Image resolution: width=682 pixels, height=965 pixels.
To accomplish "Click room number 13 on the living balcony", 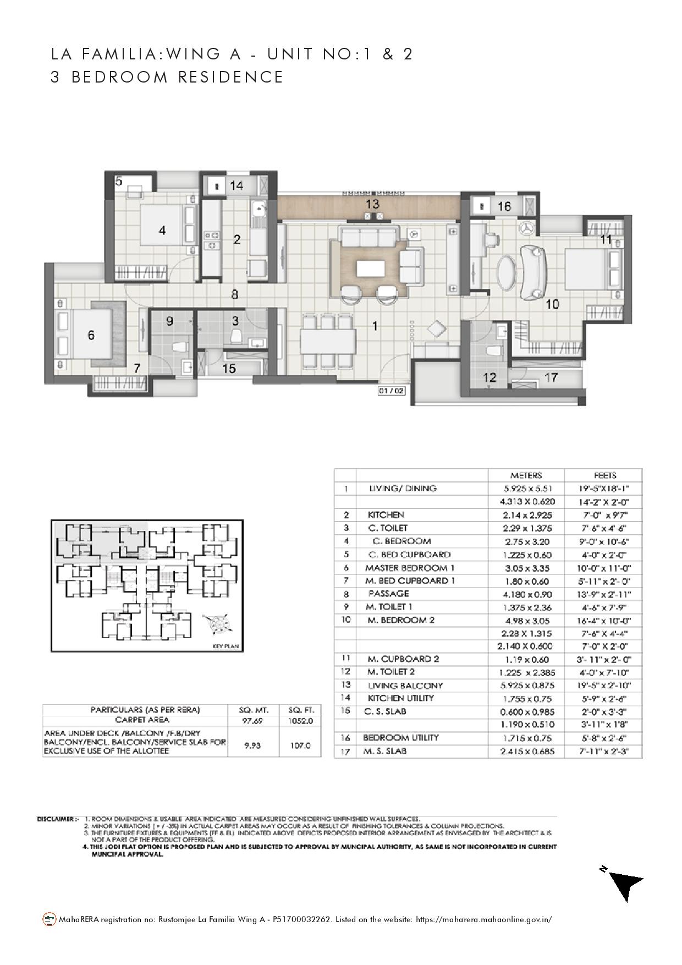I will click(372, 204).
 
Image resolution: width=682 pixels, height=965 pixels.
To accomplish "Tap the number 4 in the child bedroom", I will click(162, 231).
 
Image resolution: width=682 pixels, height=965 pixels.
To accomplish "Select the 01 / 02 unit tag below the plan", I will click(391, 391).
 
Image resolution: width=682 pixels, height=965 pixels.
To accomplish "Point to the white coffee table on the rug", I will click(369, 269).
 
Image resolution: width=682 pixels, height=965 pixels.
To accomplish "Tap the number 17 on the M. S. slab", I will click(551, 377).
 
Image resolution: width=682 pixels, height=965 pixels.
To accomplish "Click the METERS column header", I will click(526, 475).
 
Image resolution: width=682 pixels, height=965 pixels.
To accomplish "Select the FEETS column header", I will click(604, 475).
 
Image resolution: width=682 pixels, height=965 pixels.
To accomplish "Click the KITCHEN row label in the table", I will click(386, 515).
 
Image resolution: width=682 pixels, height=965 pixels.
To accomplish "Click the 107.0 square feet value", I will click(300, 745).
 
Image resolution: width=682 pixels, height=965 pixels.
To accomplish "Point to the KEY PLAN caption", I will click(225, 646).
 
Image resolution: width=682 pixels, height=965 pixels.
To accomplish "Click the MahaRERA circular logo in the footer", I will click(50, 919).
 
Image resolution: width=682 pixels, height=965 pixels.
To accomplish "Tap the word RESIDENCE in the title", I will click(230, 77).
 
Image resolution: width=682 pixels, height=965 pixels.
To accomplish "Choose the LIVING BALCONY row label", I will click(405, 686).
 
